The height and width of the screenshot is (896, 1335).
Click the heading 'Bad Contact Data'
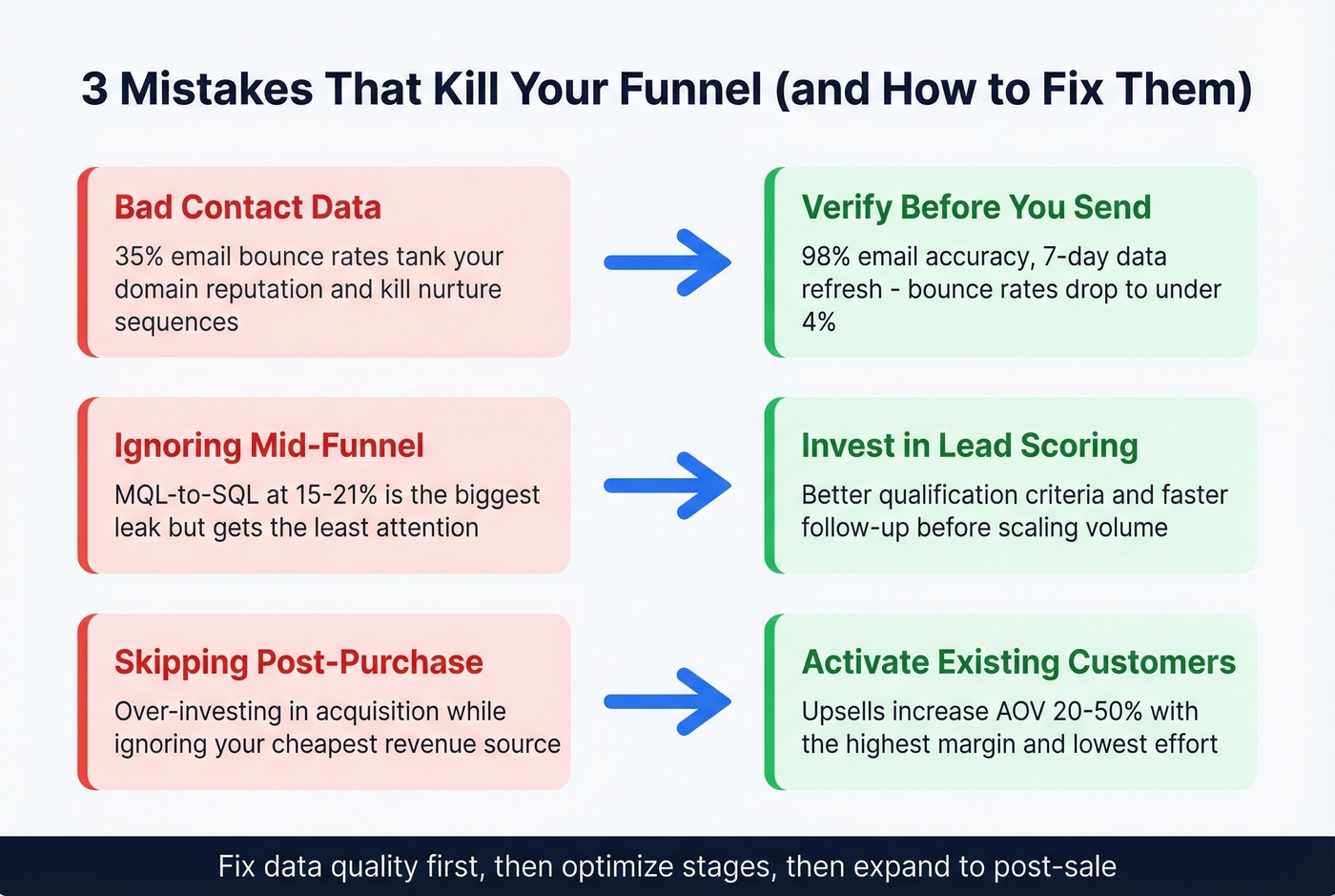[x=248, y=208]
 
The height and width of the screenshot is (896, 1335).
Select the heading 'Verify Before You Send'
[x=976, y=208]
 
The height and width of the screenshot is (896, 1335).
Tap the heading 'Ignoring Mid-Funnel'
[x=269, y=446]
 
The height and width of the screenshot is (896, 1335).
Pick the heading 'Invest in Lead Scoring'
[x=969, y=446]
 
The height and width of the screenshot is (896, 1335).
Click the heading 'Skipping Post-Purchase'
[x=298, y=662]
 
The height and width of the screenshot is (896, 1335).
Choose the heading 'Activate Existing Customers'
[x=1018, y=662]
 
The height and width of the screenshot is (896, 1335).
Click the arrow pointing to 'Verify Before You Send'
[x=667, y=262]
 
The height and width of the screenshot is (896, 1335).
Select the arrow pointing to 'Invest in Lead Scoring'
[x=667, y=486]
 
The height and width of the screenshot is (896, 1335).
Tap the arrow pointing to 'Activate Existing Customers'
[x=667, y=702]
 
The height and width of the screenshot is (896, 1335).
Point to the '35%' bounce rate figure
[x=140, y=258]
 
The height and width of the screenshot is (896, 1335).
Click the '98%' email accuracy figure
[x=826, y=258]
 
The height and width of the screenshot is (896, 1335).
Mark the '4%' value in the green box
[x=818, y=323]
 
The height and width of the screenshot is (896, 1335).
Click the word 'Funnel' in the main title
[x=690, y=90]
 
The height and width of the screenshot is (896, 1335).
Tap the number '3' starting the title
[x=94, y=90]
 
